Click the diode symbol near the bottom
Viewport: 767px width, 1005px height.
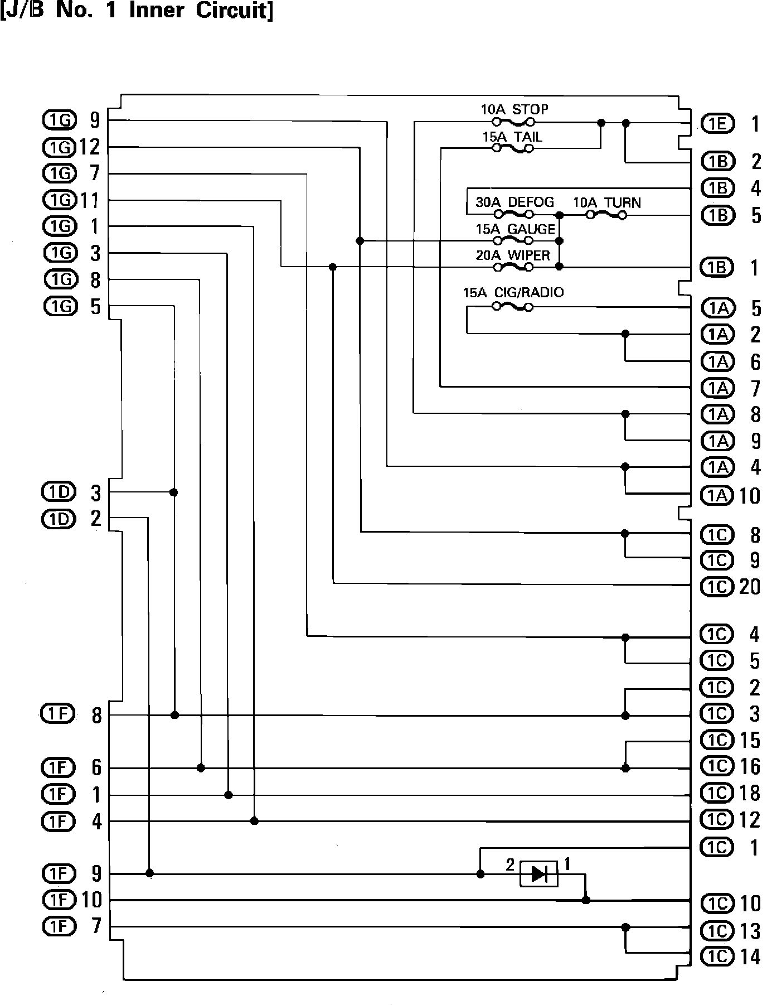(x=538, y=873)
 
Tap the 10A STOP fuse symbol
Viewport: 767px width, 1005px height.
(x=513, y=122)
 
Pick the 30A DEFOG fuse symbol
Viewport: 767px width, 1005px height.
(x=513, y=214)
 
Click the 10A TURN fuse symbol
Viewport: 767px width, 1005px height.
(x=606, y=214)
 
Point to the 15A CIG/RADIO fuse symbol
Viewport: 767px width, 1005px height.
(x=513, y=307)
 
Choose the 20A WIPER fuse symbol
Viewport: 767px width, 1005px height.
(x=513, y=267)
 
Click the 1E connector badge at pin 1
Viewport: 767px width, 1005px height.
(x=718, y=124)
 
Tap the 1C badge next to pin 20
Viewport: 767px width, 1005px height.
(x=718, y=587)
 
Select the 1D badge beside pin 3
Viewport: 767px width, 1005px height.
(x=59, y=492)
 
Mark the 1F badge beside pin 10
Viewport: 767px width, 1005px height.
(x=59, y=900)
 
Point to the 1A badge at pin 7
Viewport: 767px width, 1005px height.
(x=718, y=388)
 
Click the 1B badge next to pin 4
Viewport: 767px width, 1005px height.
(x=718, y=188)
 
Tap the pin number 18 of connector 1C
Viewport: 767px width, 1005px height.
(x=750, y=793)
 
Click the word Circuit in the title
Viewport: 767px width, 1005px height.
(x=235, y=11)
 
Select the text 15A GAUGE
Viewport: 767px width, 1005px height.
(x=516, y=229)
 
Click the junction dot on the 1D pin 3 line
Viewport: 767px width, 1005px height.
(x=174, y=492)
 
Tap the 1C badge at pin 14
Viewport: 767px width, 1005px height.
(x=718, y=957)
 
